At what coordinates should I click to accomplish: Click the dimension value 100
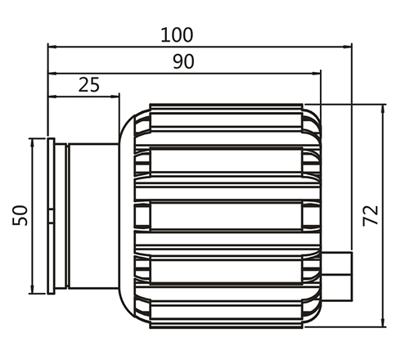pos(177,35)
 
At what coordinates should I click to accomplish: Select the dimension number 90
pos(183,61)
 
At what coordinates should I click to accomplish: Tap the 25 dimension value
pos(89,85)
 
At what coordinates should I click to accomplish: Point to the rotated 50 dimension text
pos(20,215)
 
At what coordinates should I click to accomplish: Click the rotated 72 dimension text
pos(371,216)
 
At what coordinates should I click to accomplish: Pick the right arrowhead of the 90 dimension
pos(316,73)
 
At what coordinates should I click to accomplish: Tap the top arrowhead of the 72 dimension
pos(383,109)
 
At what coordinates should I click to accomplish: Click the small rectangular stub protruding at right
pos(337,277)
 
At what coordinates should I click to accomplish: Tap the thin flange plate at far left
pos(51,216)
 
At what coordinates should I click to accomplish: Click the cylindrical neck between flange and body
pos(93,216)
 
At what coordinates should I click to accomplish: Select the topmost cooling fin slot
pos(226,121)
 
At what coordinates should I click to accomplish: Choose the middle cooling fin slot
pos(226,215)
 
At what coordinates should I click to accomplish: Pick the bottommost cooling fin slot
pos(226,311)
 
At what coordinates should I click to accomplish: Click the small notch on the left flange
pos(51,216)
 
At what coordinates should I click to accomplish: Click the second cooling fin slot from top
pos(226,161)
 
